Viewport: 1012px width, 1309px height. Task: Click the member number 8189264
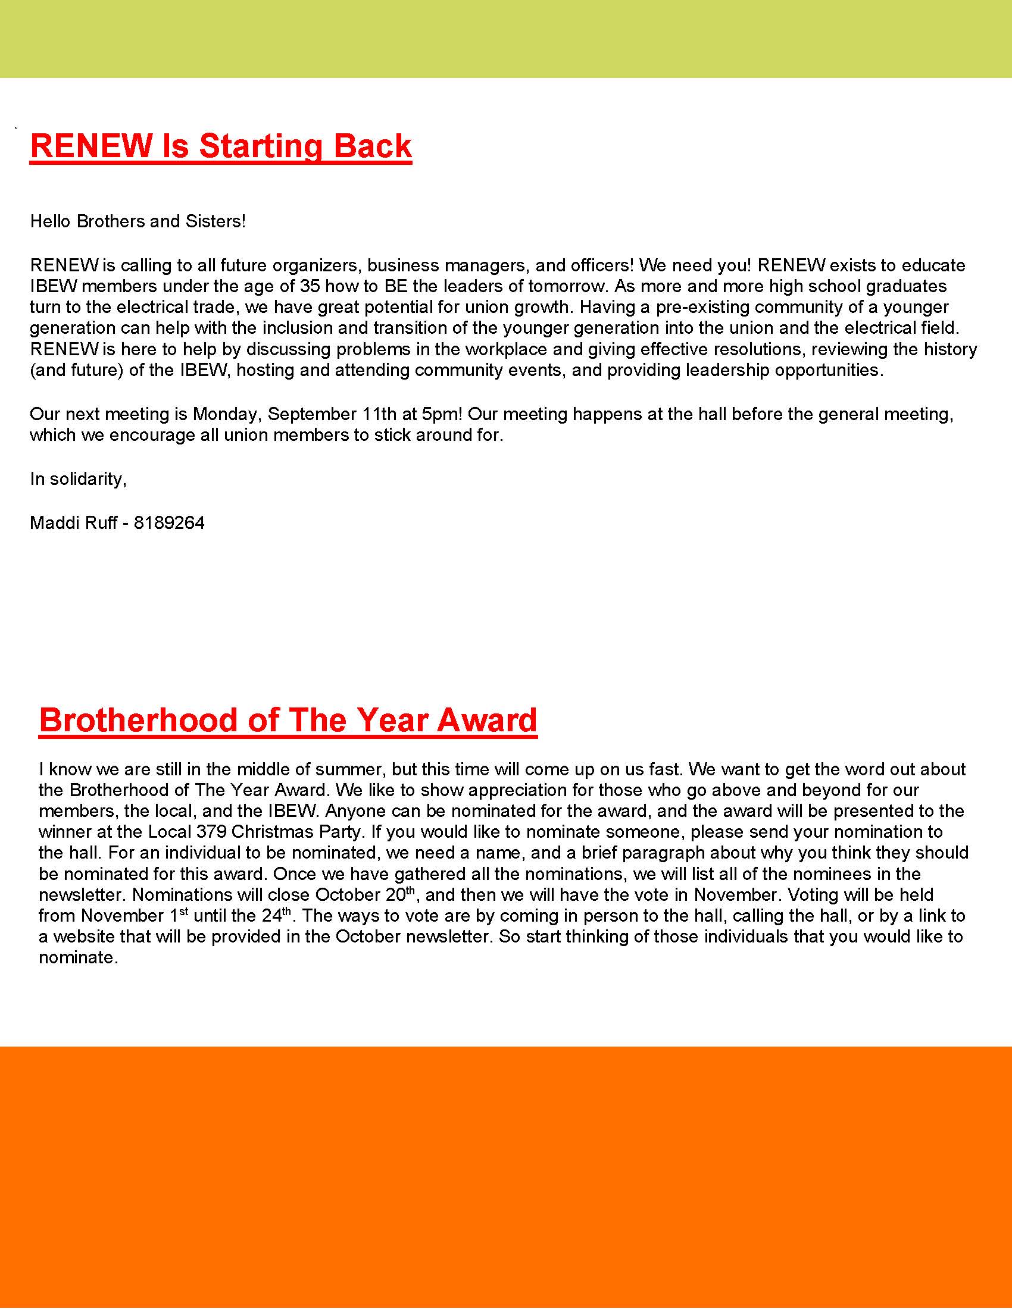click(169, 522)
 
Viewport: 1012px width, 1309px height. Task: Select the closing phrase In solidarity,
click(78, 479)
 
